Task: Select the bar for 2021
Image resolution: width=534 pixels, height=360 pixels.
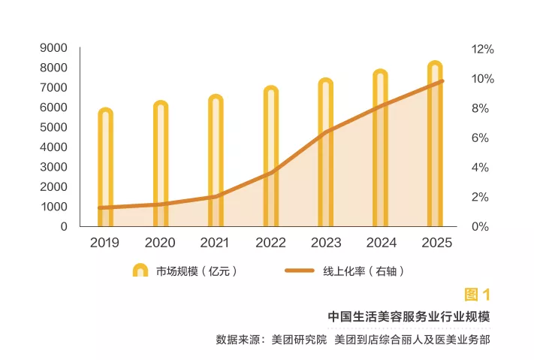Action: pyautogui.click(x=216, y=161)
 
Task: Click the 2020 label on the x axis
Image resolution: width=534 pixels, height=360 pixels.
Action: pyautogui.click(x=159, y=243)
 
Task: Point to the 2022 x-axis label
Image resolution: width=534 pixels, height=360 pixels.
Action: pyautogui.click(x=270, y=243)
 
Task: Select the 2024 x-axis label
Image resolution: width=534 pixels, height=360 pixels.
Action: pyautogui.click(x=381, y=243)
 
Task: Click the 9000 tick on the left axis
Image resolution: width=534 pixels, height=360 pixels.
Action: pyautogui.click(x=53, y=48)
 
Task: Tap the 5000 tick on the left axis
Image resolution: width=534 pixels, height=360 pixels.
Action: pyautogui.click(x=53, y=127)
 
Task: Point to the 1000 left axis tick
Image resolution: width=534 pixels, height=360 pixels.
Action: pyautogui.click(x=53, y=207)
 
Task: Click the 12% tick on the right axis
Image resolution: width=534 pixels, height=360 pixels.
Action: pyautogui.click(x=482, y=49)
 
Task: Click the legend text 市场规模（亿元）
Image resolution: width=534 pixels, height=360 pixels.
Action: pyautogui.click(x=197, y=271)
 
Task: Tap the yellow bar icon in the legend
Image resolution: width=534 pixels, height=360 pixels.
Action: pyautogui.click(x=140, y=271)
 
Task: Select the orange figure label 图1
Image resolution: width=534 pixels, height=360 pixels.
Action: pyautogui.click(x=477, y=294)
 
